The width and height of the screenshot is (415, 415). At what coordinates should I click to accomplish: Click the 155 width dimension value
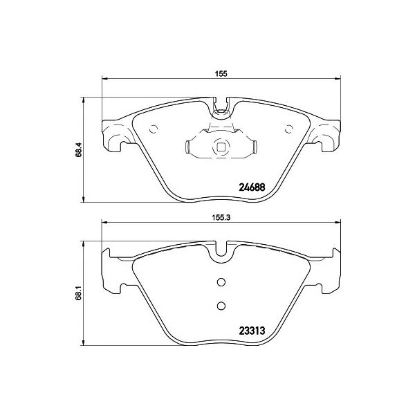(x=221, y=74)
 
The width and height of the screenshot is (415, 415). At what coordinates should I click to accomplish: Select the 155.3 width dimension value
(x=221, y=218)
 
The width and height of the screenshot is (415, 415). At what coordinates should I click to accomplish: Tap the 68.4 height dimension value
(x=79, y=150)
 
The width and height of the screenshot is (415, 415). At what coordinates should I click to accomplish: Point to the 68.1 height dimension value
(x=79, y=294)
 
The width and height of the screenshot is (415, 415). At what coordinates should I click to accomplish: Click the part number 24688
(x=252, y=187)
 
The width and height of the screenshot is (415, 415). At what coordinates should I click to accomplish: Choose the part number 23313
(x=252, y=331)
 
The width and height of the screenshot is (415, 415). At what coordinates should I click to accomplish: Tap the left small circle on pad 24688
(x=154, y=129)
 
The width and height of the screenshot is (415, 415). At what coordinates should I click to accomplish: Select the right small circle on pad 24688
(x=288, y=129)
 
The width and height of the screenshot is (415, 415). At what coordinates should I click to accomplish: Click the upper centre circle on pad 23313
(x=221, y=282)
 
